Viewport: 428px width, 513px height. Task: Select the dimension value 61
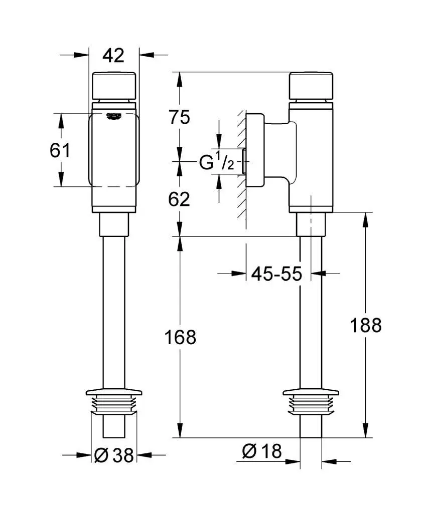[60, 150]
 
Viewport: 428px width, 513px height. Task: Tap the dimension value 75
[180, 117]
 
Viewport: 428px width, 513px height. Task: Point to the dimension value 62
[180, 199]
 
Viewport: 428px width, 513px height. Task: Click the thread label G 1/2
[217, 162]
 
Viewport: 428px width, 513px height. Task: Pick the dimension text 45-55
[276, 274]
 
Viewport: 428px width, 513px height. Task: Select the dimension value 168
[181, 337]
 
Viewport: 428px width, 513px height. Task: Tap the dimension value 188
[365, 325]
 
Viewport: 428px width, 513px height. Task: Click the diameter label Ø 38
[114, 455]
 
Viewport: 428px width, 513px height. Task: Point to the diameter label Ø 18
[261, 452]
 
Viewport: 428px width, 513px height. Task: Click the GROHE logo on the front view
[114, 116]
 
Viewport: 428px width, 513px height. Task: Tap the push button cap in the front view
[114, 86]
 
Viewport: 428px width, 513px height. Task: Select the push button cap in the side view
[312, 86]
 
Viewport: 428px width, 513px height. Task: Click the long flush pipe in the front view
[113, 311]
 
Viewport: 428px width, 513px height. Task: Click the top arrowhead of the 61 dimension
[61, 118]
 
